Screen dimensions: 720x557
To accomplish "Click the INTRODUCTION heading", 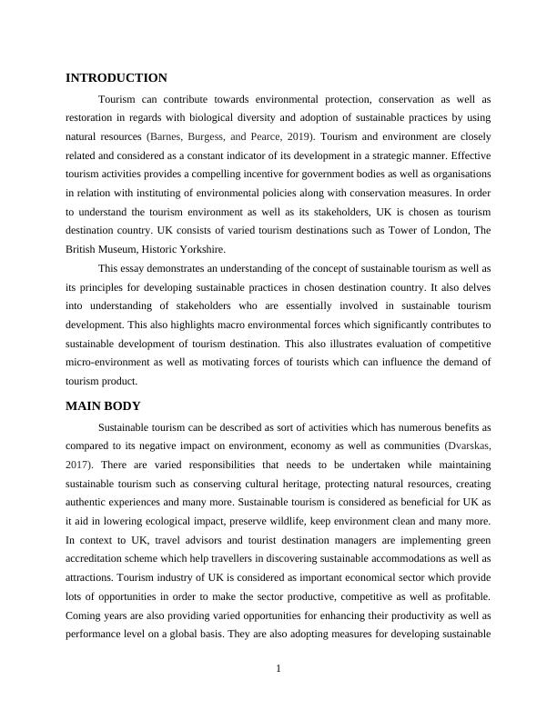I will (x=116, y=78).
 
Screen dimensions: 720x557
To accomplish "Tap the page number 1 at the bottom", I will (x=278, y=670).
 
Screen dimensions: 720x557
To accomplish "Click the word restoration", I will (x=91, y=117).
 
